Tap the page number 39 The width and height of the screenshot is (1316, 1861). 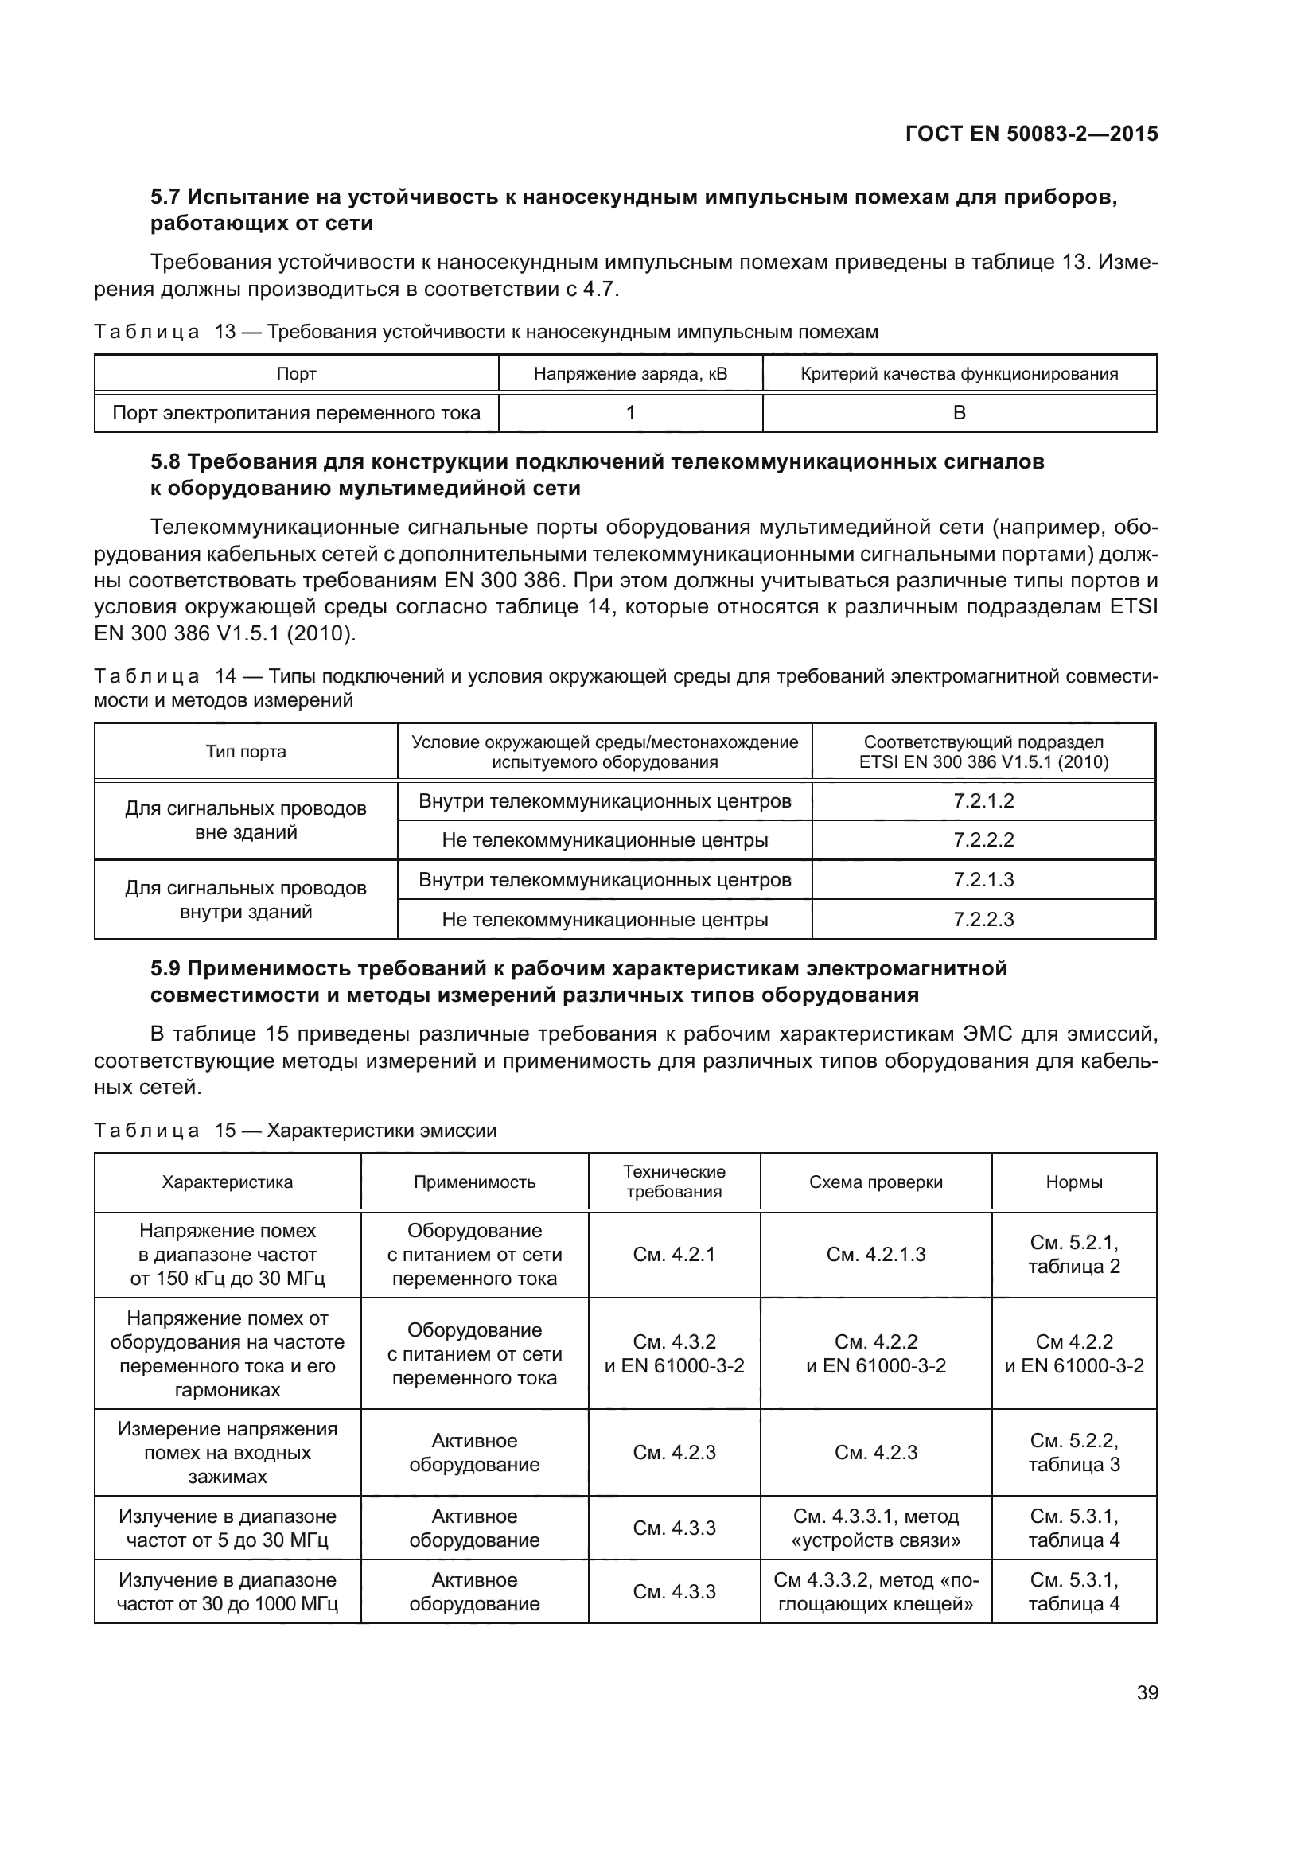[x=1147, y=1692]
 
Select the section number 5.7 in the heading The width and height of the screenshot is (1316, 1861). [x=165, y=197]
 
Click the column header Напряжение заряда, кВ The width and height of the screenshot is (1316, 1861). [x=629, y=374]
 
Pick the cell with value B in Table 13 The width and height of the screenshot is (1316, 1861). [x=959, y=413]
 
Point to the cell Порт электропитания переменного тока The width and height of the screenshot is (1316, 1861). [x=296, y=413]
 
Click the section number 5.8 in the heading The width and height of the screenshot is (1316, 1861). [x=165, y=462]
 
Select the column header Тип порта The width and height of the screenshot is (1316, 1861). [x=246, y=751]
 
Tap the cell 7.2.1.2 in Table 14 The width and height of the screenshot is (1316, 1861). [x=983, y=801]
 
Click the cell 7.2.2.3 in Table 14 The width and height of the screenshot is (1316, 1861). [x=983, y=919]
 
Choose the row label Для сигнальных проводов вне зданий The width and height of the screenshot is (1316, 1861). [x=246, y=820]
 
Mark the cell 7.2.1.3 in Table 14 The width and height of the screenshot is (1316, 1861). [x=983, y=879]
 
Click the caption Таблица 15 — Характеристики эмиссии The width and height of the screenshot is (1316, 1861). [x=295, y=1130]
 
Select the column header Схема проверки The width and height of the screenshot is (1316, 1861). [x=875, y=1182]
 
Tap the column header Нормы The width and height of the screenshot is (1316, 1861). [x=1073, y=1182]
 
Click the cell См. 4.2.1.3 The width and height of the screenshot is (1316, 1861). [x=875, y=1254]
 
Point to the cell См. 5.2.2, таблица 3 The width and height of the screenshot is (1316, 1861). [x=1073, y=1452]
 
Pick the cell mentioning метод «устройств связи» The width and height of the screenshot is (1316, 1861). [x=875, y=1528]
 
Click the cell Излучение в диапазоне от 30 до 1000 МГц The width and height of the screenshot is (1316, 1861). [x=227, y=1591]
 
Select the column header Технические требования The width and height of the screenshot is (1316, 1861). [x=673, y=1182]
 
